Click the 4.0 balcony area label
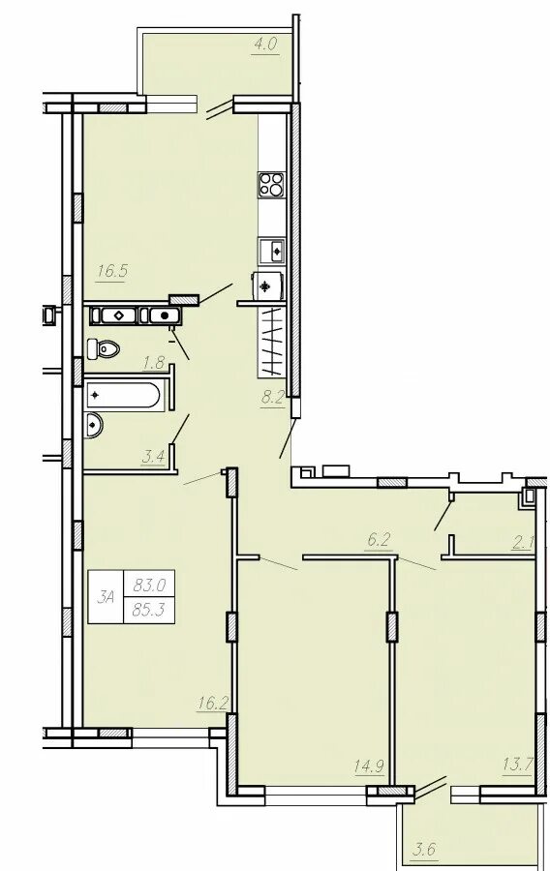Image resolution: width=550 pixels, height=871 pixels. point(265,45)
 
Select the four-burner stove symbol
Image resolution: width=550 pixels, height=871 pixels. point(272,185)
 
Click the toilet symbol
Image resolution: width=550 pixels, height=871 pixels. point(104,348)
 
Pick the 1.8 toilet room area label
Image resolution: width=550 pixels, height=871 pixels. point(153,365)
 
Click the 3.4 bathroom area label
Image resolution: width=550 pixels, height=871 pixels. point(153,458)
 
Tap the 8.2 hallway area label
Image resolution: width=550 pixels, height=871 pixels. point(273,397)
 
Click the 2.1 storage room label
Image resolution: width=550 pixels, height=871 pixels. point(522,543)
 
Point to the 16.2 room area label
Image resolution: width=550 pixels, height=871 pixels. point(211,704)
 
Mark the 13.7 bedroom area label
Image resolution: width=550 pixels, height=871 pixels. point(517,765)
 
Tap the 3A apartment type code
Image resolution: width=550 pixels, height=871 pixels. point(106,597)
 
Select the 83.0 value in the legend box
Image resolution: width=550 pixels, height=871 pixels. point(148,585)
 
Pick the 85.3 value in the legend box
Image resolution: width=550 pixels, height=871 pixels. point(148,610)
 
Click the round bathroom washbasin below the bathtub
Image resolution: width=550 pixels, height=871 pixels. point(93,425)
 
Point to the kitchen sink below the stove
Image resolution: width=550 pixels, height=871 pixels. point(272,251)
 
